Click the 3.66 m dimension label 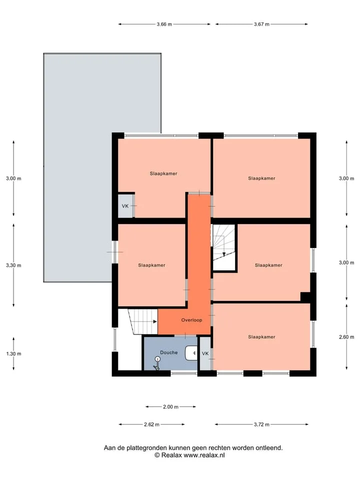164,24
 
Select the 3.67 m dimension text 261,24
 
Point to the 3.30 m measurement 13,265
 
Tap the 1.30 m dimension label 13,354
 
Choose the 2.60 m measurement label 346,337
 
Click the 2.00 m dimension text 170,407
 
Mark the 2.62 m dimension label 151,424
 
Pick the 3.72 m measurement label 261,424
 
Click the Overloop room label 191,320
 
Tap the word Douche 169,352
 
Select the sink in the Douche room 191,353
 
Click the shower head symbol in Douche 157,363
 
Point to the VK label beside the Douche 205,353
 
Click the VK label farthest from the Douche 125,206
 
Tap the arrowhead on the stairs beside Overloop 155,321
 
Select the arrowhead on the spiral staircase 224,254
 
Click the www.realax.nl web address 204,455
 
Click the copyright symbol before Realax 157,455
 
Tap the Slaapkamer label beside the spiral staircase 269,265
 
